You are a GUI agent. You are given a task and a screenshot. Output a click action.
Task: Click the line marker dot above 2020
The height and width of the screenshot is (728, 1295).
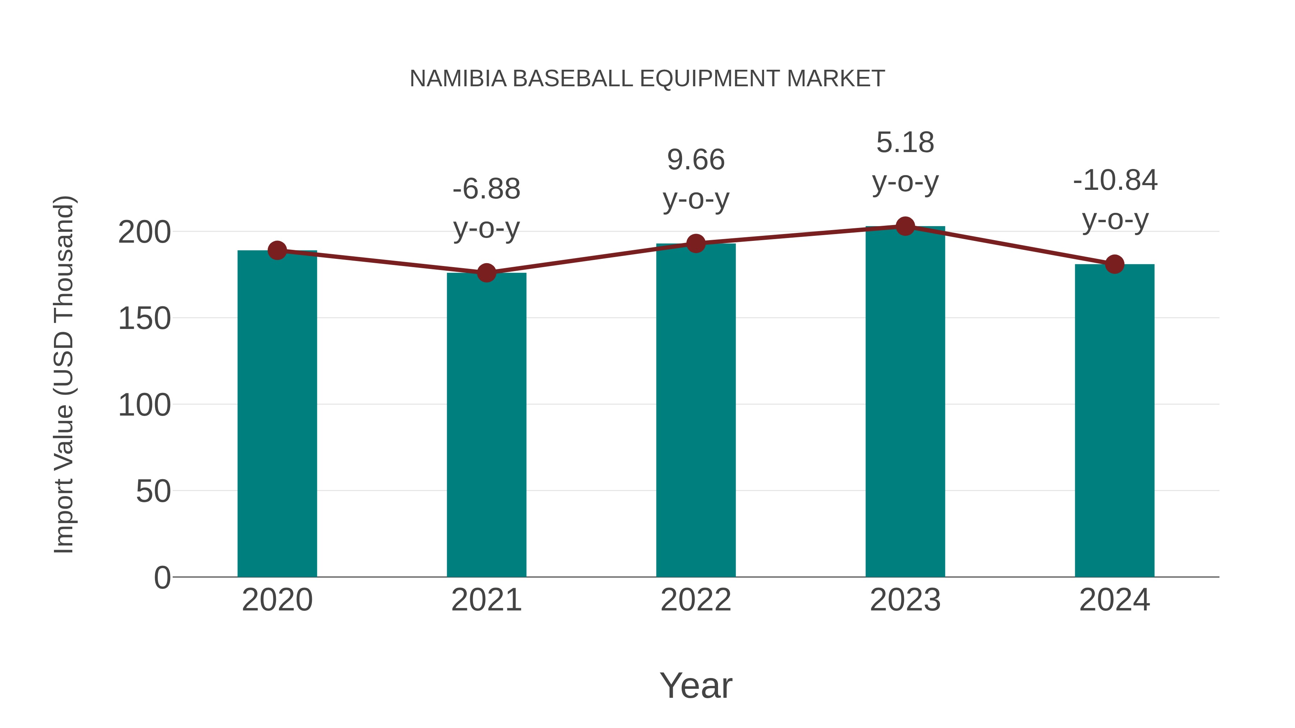(277, 250)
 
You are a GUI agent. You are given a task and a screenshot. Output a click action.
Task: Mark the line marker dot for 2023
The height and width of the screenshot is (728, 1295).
(905, 226)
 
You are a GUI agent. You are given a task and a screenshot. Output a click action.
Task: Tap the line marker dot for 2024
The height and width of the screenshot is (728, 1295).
(1114, 264)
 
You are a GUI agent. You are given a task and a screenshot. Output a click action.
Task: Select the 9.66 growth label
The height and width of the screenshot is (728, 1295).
(696, 160)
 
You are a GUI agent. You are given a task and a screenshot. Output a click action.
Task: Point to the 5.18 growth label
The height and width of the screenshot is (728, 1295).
(905, 143)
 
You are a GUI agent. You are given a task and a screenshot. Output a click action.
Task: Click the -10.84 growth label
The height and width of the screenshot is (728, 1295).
(1114, 181)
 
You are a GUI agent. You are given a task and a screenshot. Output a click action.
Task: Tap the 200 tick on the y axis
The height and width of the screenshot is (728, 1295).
(144, 233)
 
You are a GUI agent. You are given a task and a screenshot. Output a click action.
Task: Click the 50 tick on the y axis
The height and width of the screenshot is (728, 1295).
(153, 491)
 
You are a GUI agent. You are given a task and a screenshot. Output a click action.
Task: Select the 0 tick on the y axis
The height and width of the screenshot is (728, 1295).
(162, 578)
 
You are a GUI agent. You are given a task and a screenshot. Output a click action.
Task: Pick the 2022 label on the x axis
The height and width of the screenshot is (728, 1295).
(696, 600)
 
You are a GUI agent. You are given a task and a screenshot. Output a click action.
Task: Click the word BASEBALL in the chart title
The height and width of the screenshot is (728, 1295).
(573, 79)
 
